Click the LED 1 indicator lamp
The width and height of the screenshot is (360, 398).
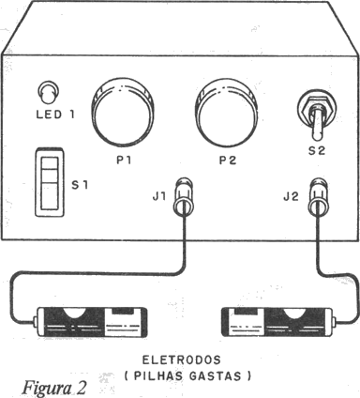coord(48,93)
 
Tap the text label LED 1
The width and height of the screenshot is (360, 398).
coord(55,115)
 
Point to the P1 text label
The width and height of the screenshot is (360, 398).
coord(124,161)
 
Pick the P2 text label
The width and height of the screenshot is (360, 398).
coord(228,161)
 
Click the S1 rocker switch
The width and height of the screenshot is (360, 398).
coord(50,182)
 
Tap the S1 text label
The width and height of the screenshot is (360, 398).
coord(80,185)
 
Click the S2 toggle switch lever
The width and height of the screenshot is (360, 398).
coord(317,123)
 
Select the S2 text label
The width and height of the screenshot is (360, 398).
coord(317,151)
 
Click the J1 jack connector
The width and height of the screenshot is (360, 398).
coord(184,197)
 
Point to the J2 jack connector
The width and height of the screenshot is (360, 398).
coord(319,197)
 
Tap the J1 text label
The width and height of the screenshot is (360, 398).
coord(159,197)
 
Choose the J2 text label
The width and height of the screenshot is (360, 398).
coord(291,197)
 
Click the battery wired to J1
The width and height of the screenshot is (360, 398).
coord(91,323)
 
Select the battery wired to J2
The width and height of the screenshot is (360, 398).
coord(278,323)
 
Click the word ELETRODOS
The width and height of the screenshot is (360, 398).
coord(182,360)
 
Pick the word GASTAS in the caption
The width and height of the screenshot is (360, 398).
coord(216,376)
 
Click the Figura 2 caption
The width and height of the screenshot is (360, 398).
coord(53,388)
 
